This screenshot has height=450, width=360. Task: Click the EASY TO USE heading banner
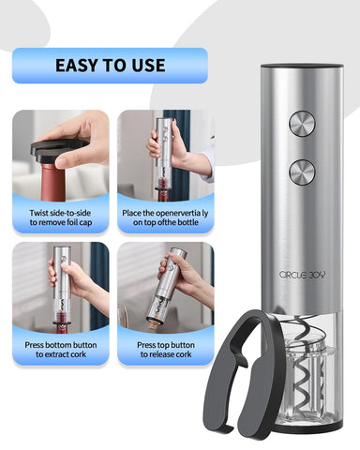pos(110,66)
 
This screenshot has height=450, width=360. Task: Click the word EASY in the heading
pos(79,66)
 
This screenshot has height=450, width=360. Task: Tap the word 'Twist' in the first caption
pos(31,214)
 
